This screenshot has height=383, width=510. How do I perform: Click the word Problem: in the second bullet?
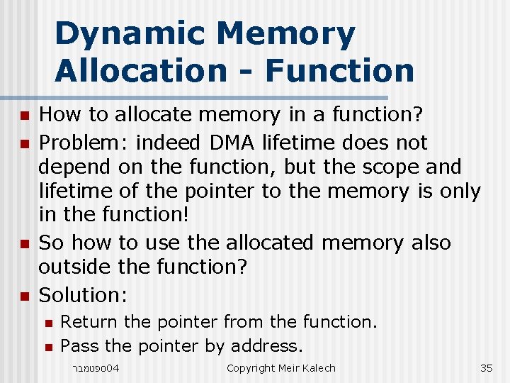click(84, 143)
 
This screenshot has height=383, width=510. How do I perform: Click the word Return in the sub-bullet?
click(89, 322)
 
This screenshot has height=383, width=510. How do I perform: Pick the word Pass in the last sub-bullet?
click(80, 346)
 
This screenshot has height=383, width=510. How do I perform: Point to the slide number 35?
click(486, 367)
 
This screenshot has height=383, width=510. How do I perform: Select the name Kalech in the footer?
click(318, 367)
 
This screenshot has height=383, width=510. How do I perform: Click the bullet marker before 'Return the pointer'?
click(48, 323)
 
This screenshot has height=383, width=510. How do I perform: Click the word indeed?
click(169, 143)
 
